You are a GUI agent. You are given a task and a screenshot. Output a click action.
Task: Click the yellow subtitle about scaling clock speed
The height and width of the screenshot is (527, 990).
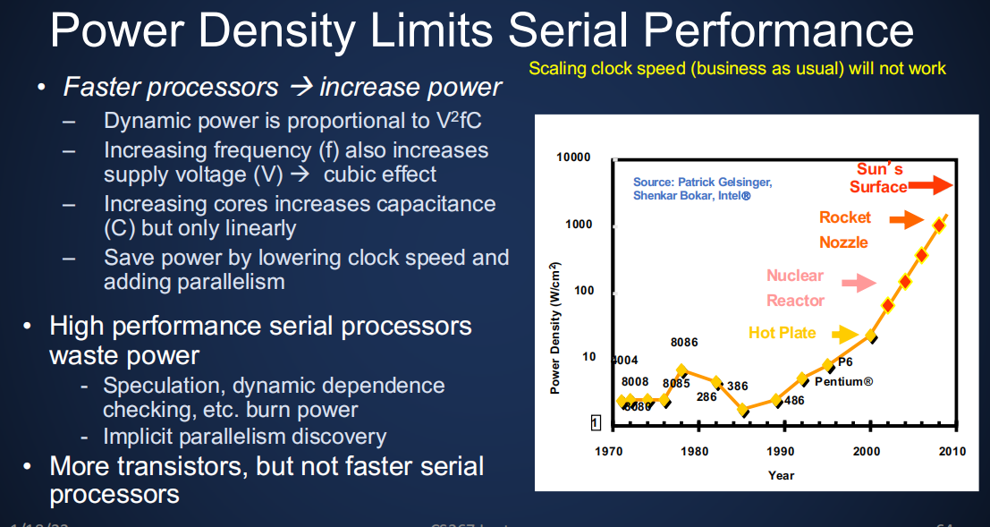coord(737,69)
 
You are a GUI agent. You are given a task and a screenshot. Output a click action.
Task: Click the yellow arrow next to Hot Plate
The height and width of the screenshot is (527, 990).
coord(844,334)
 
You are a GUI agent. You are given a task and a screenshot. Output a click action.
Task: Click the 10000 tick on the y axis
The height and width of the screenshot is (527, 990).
coord(573,157)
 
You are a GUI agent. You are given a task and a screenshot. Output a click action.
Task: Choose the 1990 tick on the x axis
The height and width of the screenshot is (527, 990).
coord(781,451)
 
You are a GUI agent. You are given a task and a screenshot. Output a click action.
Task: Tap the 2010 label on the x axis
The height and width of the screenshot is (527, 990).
coord(952,451)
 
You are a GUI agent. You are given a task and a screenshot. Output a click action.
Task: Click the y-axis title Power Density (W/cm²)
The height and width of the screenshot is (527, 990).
coord(555,327)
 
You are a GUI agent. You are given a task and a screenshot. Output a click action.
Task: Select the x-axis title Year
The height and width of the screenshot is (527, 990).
coord(781,475)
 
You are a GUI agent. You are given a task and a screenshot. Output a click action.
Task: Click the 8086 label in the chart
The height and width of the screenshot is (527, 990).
coord(684,342)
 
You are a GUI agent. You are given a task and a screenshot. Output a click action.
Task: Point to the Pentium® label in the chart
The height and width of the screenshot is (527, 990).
coord(843,381)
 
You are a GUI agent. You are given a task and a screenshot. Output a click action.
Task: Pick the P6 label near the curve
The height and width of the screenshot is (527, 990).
coord(845,362)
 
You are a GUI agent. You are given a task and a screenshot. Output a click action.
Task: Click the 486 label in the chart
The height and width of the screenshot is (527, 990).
coord(793,400)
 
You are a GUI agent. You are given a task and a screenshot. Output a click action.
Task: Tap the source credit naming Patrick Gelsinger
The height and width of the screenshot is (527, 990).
coord(702,188)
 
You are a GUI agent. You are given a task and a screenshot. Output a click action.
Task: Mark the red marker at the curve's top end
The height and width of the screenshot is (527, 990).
coord(939,225)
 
